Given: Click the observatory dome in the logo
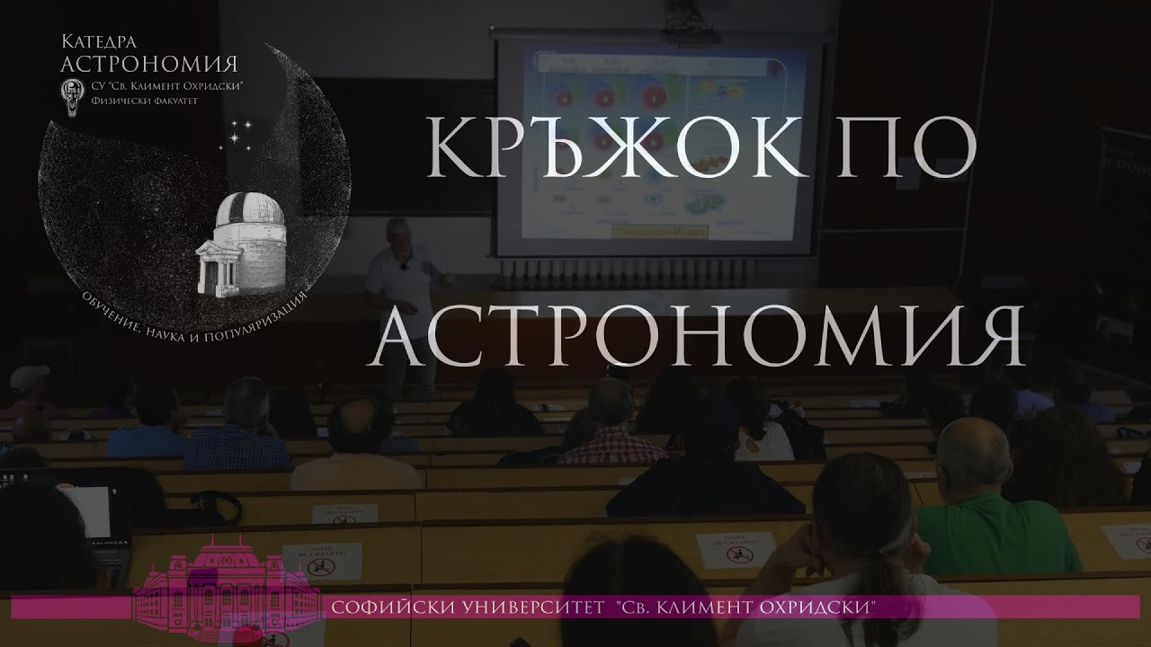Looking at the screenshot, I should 246,212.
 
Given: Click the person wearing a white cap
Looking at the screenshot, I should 30,382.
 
